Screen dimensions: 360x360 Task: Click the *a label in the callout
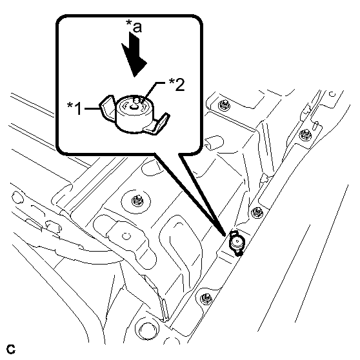pos(134,26)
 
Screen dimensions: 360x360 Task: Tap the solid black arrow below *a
pos(134,54)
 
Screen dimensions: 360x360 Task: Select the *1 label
pos(74,108)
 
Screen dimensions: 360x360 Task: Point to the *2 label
pos(177,85)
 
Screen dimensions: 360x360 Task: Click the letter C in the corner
pos(11,349)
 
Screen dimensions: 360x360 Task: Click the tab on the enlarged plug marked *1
pos(106,107)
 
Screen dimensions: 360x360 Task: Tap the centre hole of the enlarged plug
pos(133,106)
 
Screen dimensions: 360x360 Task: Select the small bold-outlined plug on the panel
pos(237,243)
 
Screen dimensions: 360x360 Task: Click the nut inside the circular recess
pos(137,201)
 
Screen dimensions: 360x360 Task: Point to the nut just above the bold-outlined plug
pos(257,212)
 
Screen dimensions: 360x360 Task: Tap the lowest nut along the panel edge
pos(205,299)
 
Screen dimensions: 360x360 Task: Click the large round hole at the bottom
pos(148,330)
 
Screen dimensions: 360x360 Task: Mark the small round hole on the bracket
pos(126,236)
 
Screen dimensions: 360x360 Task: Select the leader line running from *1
pos(92,108)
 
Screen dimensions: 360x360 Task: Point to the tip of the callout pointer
pos(225,235)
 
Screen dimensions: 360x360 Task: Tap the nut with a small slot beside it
pos(306,134)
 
